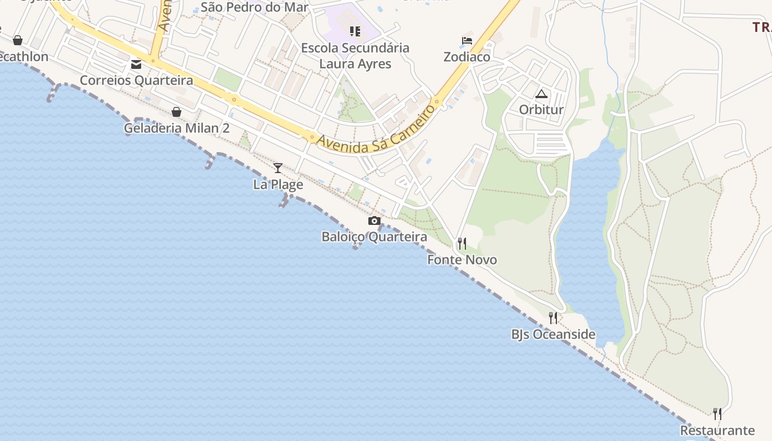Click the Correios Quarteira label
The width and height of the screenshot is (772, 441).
point(136,80)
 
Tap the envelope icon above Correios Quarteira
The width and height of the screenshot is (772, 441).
point(136,65)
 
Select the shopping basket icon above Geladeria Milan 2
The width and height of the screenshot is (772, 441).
point(176,112)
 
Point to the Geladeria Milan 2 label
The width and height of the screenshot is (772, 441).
point(176,128)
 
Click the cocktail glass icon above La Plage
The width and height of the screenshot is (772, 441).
point(278,168)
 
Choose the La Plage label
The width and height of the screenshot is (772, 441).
point(278,184)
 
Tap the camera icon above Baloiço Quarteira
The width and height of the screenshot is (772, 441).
point(374,221)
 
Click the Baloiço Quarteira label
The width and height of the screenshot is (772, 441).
point(374,237)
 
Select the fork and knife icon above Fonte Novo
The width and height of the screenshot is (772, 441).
point(462,243)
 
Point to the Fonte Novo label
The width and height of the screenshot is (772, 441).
point(462,260)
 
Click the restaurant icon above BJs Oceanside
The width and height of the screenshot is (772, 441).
point(553,318)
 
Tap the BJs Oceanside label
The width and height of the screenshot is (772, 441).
point(553,334)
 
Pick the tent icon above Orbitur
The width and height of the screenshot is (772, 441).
point(542,94)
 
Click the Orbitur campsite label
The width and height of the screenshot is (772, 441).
point(542,110)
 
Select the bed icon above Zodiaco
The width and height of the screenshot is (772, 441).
point(467,41)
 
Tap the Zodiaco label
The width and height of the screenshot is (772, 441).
point(467,57)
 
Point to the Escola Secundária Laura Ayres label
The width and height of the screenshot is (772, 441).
point(355,56)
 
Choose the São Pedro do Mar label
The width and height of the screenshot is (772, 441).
point(254,7)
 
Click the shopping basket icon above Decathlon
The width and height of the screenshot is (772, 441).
point(18,40)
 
